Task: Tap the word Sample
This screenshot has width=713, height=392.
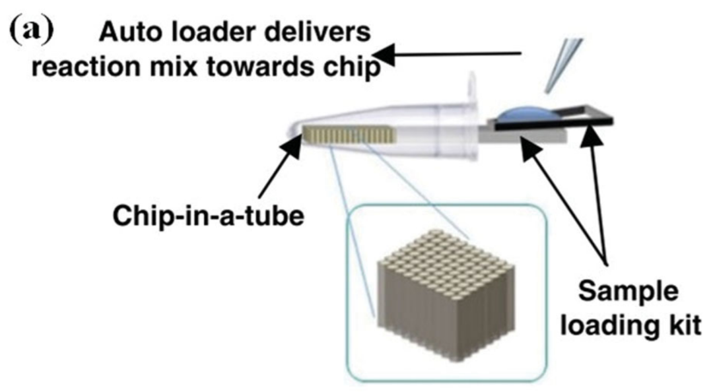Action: (628, 292)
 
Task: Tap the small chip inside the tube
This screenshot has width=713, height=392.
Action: (350, 135)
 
